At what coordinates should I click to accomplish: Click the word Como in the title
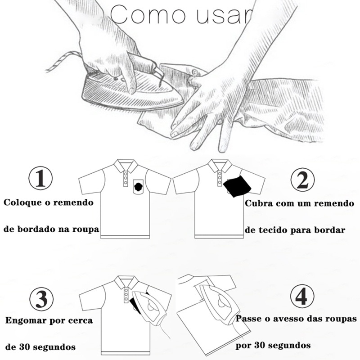pyautogui.click(x=148, y=14)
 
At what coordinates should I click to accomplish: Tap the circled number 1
pyautogui.click(x=40, y=178)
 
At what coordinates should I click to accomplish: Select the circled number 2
pyautogui.click(x=302, y=180)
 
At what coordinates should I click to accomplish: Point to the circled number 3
pyautogui.click(x=41, y=299)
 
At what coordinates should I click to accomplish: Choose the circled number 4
pyautogui.click(x=302, y=297)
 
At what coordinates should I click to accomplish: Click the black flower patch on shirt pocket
pyautogui.click(x=139, y=187)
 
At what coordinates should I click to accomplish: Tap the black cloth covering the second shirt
pyautogui.click(x=237, y=185)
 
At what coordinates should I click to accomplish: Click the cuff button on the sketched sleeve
pyautogui.click(x=195, y=72)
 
